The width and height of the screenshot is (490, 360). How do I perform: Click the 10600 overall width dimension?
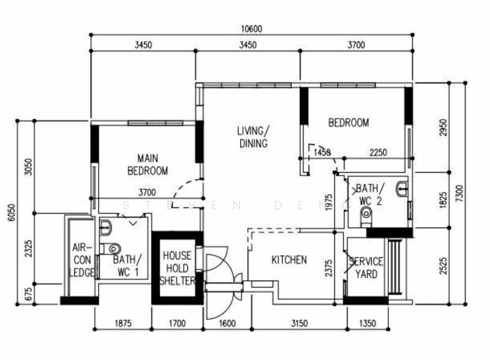point(251,28)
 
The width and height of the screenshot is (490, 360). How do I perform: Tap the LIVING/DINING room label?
point(253,137)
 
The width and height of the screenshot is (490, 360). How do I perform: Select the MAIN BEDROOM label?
point(148,165)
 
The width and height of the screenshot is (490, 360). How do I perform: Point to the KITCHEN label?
point(289,260)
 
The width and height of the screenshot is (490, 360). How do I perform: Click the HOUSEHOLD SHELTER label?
point(176,268)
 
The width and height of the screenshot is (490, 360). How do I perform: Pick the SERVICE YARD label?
point(366,268)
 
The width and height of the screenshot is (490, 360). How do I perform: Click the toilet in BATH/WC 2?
point(366,214)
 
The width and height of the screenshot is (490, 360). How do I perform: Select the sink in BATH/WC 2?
point(401,189)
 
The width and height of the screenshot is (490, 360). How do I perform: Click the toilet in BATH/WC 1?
point(111,249)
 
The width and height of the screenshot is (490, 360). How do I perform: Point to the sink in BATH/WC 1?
point(105,227)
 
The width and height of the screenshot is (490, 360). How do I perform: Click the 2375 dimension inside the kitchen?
point(331,267)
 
